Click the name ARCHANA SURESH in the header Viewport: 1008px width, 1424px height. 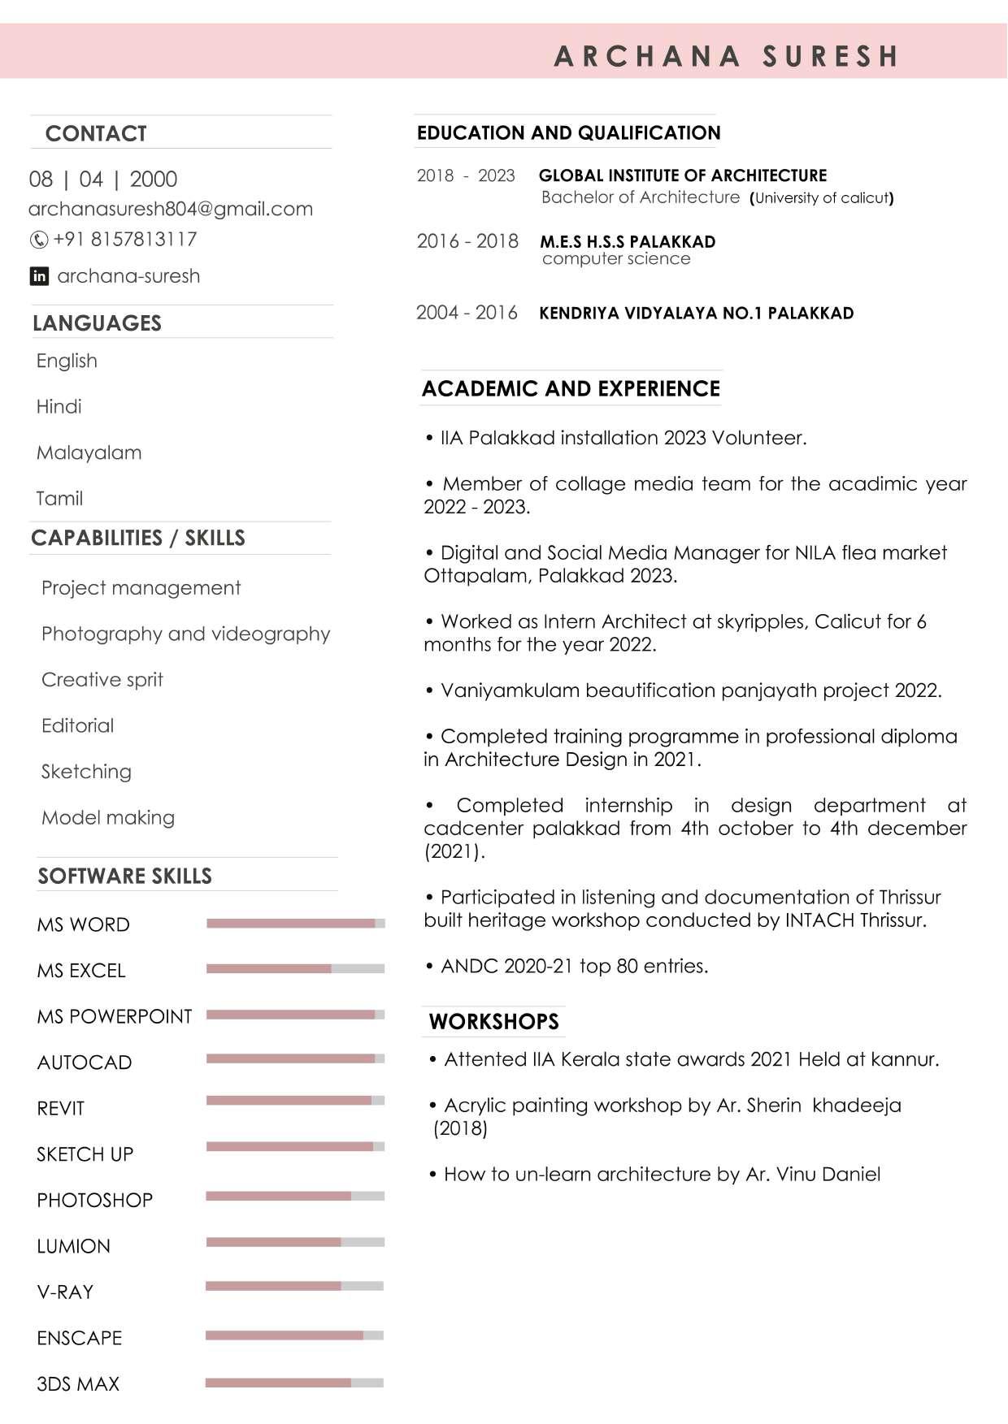(x=726, y=56)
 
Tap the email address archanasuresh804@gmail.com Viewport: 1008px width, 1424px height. (x=171, y=209)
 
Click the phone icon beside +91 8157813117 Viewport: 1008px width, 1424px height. (x=38, y=240)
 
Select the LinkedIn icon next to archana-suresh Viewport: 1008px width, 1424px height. (x=39, y=276)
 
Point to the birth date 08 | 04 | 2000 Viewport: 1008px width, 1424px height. (x=103, y=179)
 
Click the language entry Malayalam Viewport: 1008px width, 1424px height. (x=89, y=452)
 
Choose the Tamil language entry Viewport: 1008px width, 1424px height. (x=59, y=498)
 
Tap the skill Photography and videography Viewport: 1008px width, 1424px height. (x=185, y=634)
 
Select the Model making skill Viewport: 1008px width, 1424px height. (x=108, y=817)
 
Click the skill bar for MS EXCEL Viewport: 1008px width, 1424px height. (x=295, y=968)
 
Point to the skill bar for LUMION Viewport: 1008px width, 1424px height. (x=295, y=1242)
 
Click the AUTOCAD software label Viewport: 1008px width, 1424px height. (x=85, y=1063)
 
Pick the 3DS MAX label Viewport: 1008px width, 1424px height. (x=78, y=1384)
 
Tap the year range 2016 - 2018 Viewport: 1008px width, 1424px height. (x=467, y=241)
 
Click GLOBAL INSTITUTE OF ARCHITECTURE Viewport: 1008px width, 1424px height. (x=683, y=175)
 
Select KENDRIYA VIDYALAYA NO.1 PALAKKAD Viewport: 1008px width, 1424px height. (x=697, y=314)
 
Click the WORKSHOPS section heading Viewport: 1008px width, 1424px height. (x=494, y=1022)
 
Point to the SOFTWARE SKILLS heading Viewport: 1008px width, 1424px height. (x=125, y=876)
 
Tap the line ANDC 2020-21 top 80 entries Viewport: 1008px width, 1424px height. (x=574, y=966)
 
